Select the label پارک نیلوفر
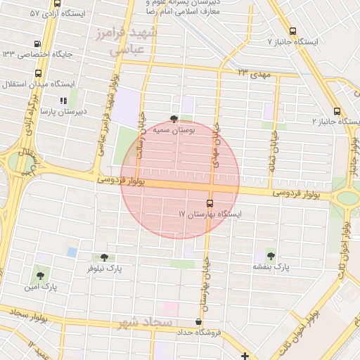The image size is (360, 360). (104, 269)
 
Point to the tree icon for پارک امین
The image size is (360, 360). (39, 275)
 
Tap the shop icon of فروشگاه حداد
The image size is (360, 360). (198, 321)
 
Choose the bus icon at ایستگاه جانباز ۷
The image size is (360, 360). (292, 32)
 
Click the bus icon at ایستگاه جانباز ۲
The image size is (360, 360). (337, 111)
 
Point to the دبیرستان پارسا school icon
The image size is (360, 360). (63, 101)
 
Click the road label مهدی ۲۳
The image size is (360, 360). (252, 73)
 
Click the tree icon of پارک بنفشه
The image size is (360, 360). (271, 256)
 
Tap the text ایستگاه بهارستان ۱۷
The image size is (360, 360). (210, 214)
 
